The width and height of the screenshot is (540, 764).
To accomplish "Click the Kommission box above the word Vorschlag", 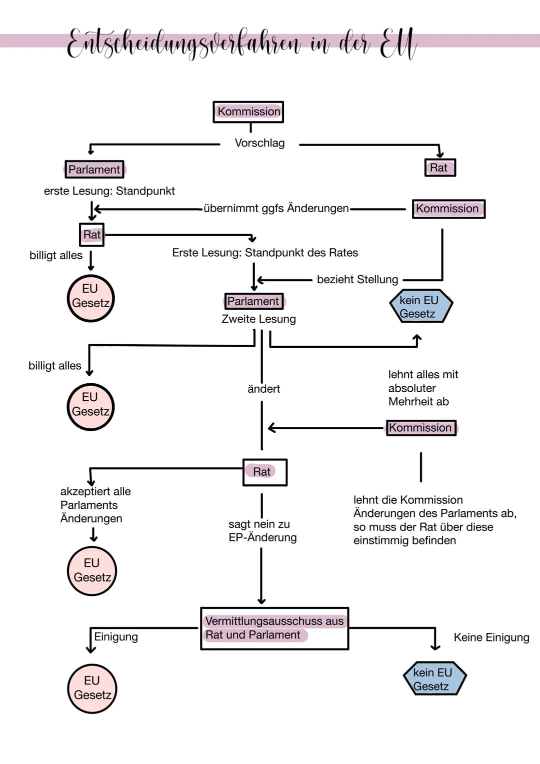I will click(248, 112).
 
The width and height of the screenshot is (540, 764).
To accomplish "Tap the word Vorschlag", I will click(259, 143).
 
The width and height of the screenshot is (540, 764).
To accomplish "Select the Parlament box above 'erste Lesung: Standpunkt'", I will click(94, 170).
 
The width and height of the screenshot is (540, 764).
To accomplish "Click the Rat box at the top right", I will click(439, 168).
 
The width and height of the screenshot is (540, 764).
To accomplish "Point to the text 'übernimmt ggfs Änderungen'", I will click(276, 208).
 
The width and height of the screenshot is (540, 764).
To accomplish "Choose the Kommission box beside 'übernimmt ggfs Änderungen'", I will click(448, 209).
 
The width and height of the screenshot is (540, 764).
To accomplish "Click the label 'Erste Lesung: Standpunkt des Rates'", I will click(265, 253).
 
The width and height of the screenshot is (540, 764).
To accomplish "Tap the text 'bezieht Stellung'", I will click(357, 279).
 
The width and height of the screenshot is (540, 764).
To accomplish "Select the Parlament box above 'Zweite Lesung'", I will click(253, 301).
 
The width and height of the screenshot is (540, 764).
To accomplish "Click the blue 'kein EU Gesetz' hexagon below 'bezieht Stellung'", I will click(420, 307).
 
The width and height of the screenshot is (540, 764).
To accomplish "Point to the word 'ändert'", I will click(263, 389).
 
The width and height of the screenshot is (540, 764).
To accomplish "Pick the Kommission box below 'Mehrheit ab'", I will click(421, 428).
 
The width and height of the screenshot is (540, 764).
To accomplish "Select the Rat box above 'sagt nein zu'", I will click(264, 472).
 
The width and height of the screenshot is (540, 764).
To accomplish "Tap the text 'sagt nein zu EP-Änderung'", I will click(262, 531).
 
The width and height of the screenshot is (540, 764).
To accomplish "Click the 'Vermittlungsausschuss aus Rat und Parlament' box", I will click(274, 628).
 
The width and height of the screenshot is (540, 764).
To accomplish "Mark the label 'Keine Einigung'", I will click(491, 637).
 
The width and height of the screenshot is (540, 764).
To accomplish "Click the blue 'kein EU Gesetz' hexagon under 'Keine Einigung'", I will click(434, 679).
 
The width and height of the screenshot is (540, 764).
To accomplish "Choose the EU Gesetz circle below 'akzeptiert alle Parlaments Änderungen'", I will click(92, 570).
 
